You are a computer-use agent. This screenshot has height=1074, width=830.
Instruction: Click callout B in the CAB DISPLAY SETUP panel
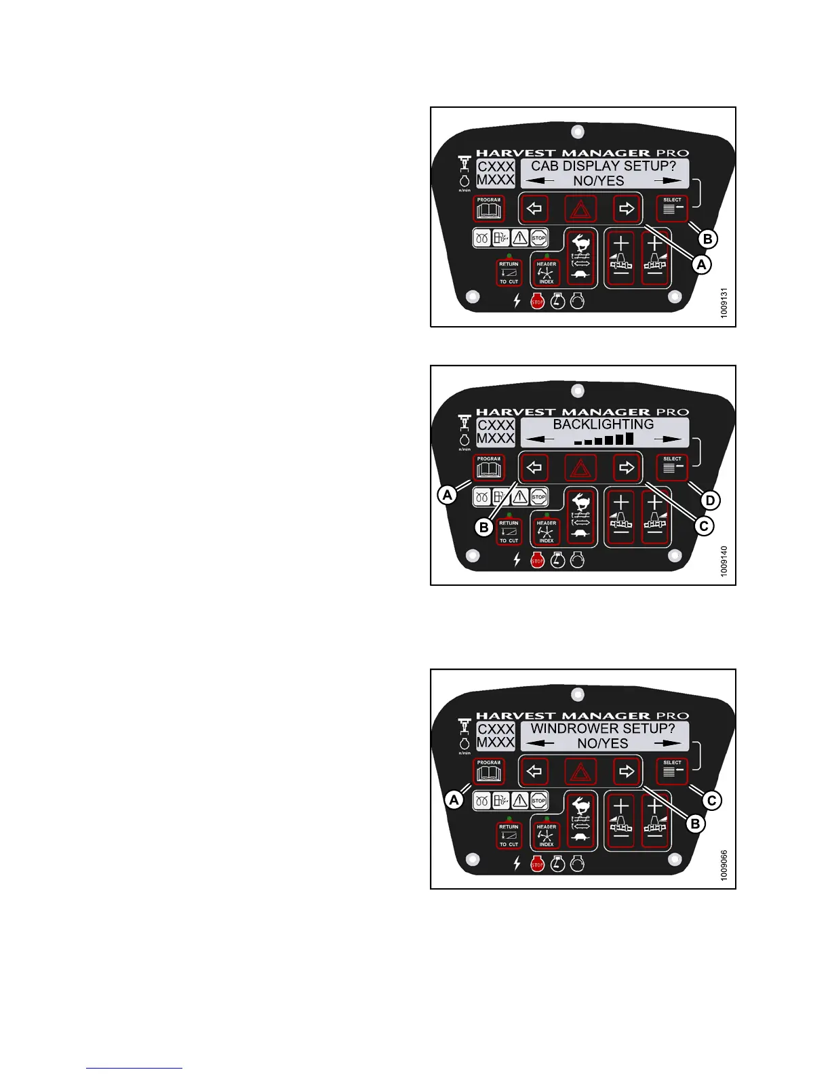707,239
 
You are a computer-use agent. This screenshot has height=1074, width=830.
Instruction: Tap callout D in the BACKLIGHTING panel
710,501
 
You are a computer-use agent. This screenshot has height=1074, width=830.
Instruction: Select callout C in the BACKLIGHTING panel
705,525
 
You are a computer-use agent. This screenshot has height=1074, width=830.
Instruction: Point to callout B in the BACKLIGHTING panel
483,527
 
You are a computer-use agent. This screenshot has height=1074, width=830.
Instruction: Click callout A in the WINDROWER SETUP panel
454,800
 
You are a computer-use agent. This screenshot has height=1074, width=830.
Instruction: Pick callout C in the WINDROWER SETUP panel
711,801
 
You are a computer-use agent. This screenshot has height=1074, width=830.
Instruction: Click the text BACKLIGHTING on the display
603,424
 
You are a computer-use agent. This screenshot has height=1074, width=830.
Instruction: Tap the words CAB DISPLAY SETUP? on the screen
604,166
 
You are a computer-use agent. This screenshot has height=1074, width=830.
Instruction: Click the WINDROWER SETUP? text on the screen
603,729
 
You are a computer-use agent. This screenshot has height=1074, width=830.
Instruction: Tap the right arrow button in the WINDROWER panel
627,771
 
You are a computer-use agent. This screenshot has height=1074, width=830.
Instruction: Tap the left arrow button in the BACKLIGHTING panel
534,467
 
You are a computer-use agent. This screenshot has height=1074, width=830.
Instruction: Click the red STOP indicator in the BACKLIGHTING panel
537,561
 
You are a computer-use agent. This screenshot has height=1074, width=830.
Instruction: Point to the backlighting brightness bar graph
604,439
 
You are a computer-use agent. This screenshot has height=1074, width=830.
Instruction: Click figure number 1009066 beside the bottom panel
724,865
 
